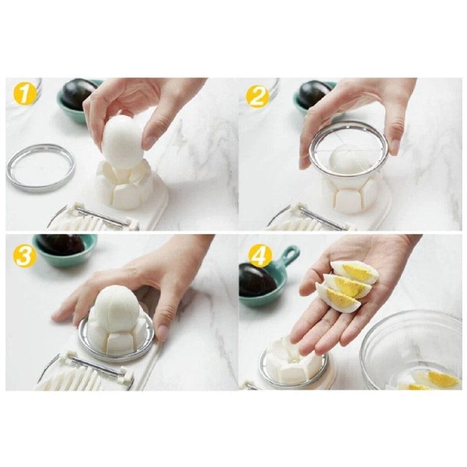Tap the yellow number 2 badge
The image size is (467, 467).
(257, 95)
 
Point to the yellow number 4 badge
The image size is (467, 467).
(259, 255)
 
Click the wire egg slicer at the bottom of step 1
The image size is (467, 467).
(93, 219)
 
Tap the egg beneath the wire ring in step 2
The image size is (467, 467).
(347, 159)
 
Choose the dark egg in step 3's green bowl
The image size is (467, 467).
(61, 245)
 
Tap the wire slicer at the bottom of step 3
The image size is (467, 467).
(82, 374)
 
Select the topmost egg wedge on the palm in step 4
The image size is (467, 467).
(355, 271)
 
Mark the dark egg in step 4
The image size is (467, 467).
(257, 280)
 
